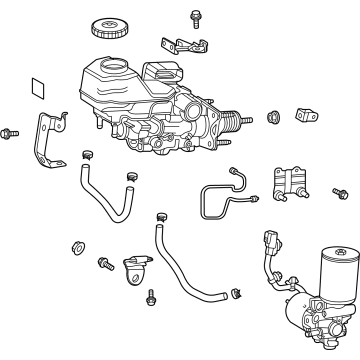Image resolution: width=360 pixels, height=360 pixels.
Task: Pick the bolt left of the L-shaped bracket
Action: (9, 132)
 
